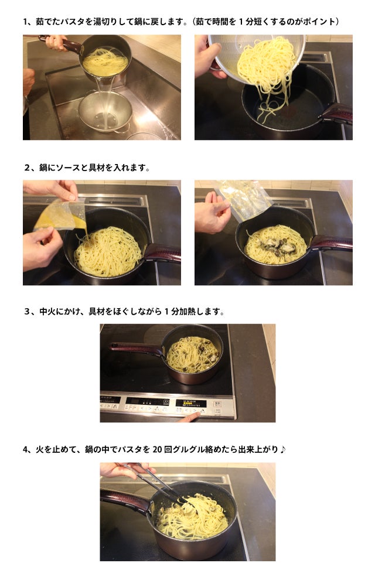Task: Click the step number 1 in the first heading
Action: [x=25, y=22]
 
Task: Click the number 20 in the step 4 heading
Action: [x=158, y=449]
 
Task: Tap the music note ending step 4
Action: [x=283, y=449]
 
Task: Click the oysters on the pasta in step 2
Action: [x=275, y=246]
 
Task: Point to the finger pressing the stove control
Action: [x=190, y=417]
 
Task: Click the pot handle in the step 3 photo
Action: [x=138, y=348]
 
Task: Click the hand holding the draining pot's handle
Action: [x=56, y=42]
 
